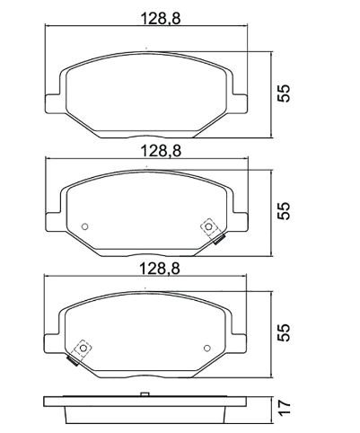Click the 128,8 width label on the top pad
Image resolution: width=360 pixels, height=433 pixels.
161,19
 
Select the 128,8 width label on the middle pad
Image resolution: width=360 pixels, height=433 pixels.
161,151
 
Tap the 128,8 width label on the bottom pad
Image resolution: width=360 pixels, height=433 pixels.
160,269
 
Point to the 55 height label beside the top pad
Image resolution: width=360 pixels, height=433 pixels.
284,93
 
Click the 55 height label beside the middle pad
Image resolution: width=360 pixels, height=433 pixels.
284,211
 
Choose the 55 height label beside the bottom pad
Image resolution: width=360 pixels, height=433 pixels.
284,332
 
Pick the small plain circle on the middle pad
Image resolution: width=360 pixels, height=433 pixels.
84,226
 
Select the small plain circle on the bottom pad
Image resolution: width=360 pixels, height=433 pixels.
206,348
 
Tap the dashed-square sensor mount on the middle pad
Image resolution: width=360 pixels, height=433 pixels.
208,226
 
